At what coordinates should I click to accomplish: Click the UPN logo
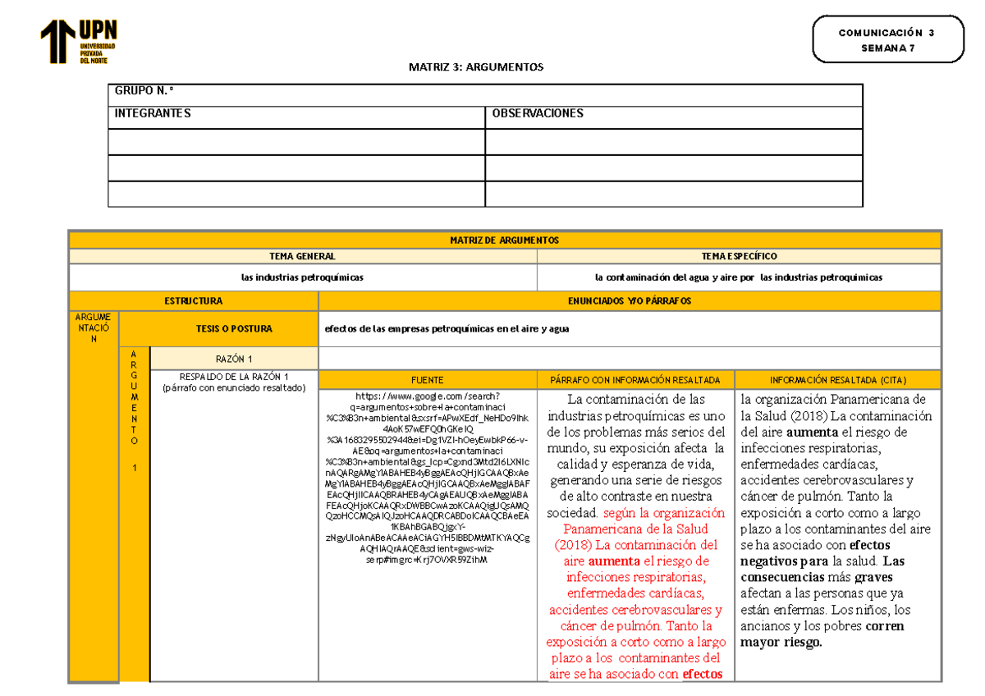pyautogui.click(x=79, y=42)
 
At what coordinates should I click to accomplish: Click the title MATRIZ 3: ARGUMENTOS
pyautogui.click(x=476, y=67)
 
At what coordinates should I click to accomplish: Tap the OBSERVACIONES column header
pyautogui.click(x=537, y=113)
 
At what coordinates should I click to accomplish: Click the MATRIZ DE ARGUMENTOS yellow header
pyautogui.click(x=504, y=240)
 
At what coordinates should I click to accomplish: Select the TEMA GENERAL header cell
pyautogui.click(x=302, y=256)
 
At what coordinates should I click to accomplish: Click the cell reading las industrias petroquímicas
pyautogui.click(x=302, y=277)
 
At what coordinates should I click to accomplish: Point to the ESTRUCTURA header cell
pyautogui.click(x=194, y=301)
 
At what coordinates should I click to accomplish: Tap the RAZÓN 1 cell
pyautogui.click(x=234, y=359)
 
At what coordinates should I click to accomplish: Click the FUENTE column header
pyautogui.click(x=427, y=380)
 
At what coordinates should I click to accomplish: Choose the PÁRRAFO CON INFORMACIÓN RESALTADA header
pyautogui.click(x=636, y=380)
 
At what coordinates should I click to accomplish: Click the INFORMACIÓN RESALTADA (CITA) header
pyautogui.click(x=838, y=380)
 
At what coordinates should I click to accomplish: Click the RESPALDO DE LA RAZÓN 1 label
pyautogui.click(x=234, y=377)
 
